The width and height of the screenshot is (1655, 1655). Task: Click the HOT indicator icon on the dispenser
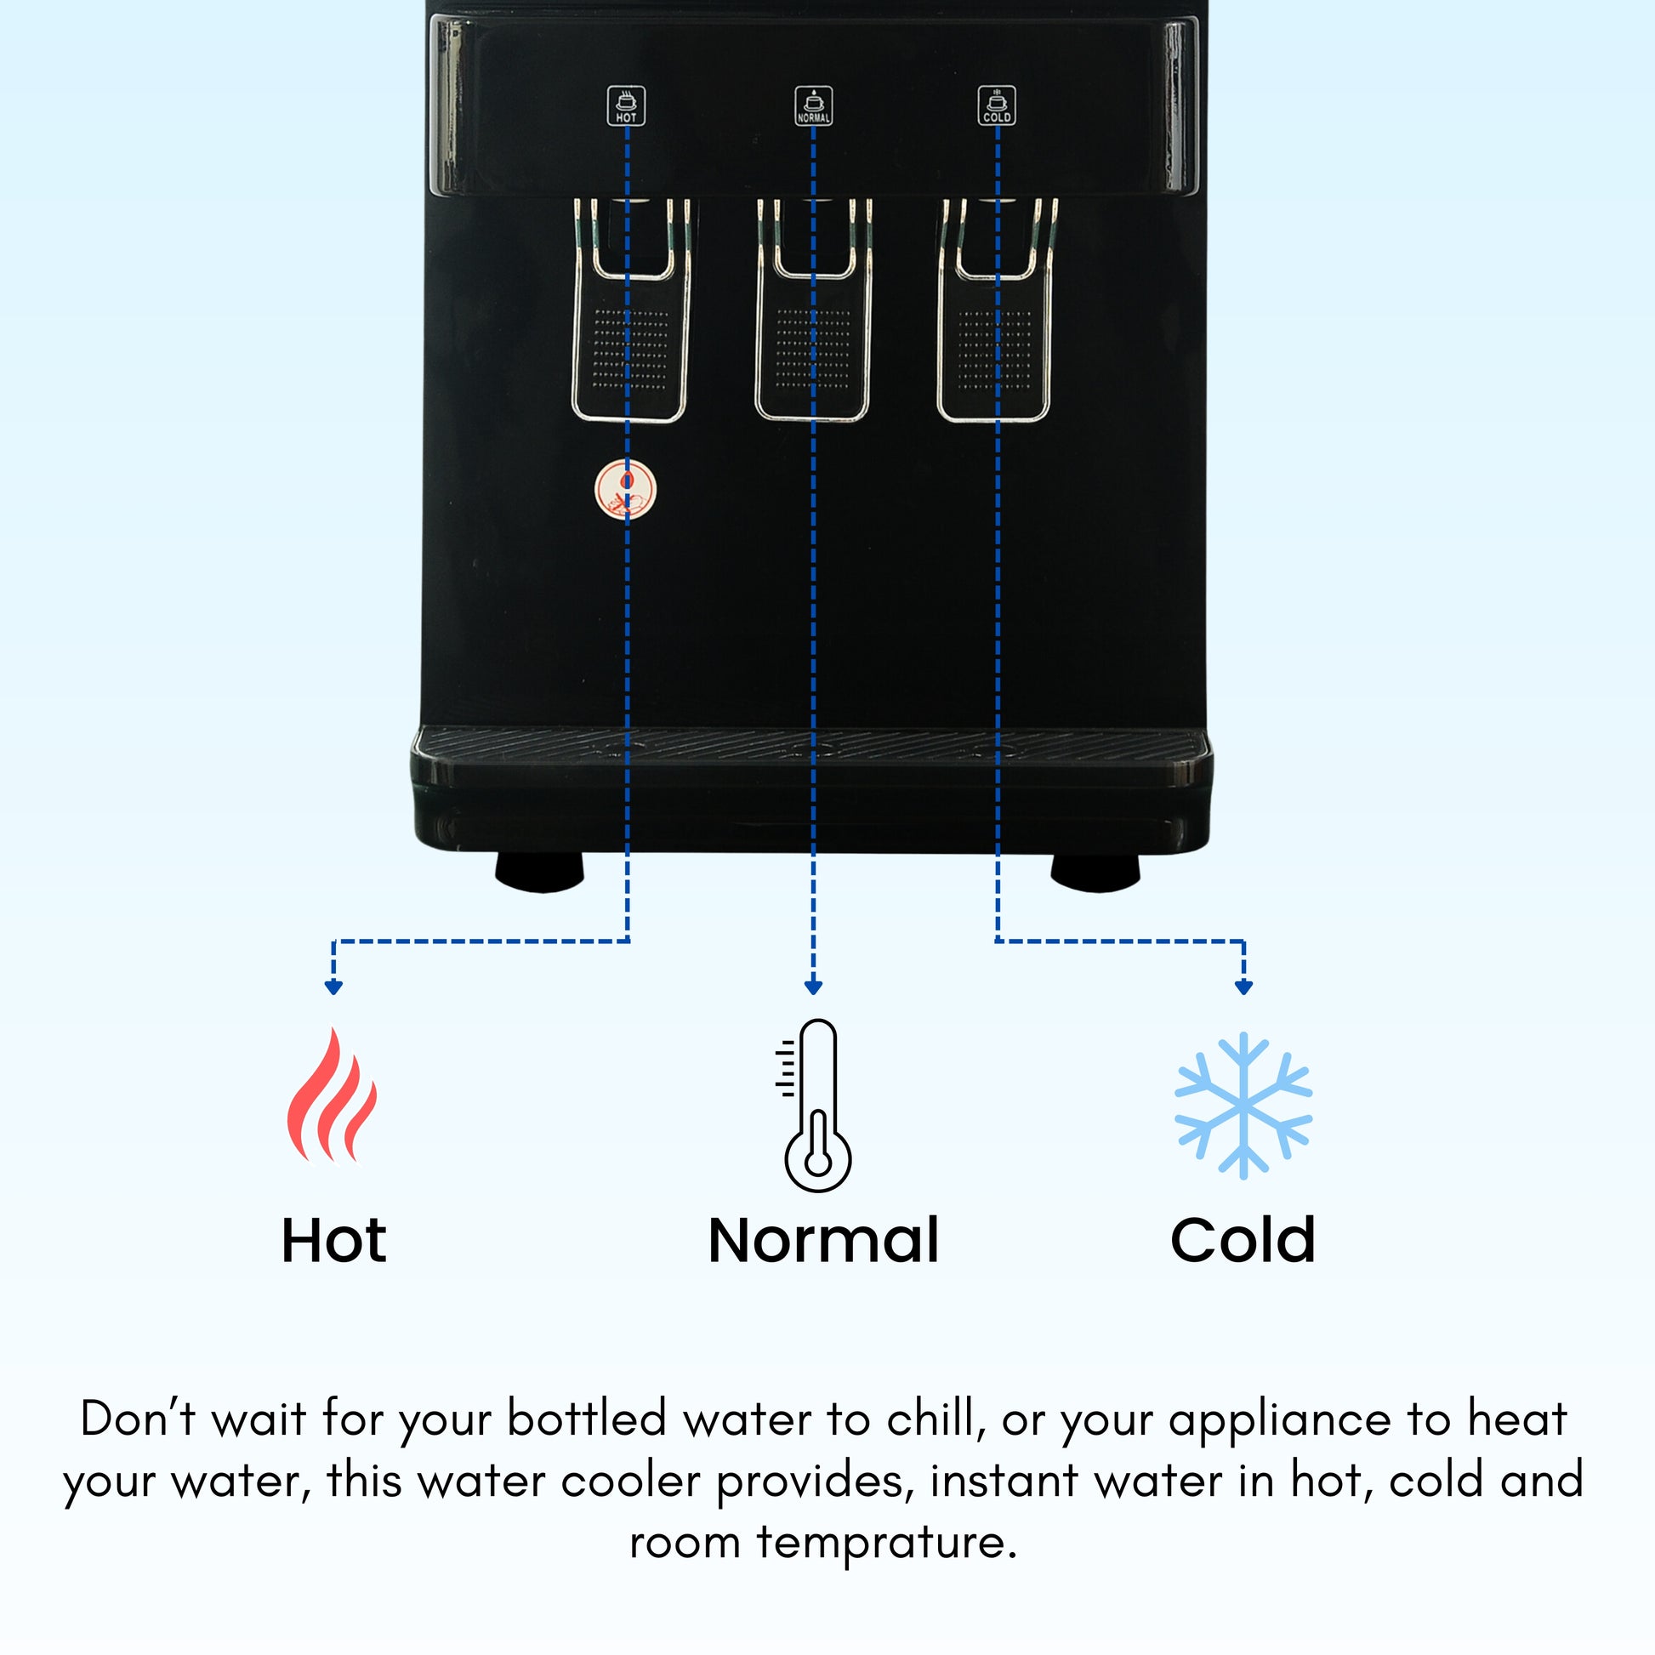click(x=626, y=105)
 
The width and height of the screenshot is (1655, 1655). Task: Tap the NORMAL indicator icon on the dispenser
click(x=813, y=105)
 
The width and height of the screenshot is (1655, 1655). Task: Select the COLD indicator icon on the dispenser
click(x=997, y=105)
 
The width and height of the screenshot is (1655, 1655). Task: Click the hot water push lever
click(x=630, y=343)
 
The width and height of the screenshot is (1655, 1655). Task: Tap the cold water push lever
click(x=995, y=343)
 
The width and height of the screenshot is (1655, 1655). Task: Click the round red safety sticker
click(x=625, y=490)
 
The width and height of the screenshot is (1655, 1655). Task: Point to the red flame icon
click(x=333, y=1095)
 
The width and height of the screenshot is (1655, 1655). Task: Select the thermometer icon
click(x=814, y=1105)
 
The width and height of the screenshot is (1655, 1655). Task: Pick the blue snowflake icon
click(x=1243, y=1105)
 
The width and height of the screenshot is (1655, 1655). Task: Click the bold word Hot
click(x=334, y=1240)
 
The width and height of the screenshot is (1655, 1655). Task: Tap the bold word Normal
click(x=823, y=1240)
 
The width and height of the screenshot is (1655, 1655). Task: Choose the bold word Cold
click(x=1243, y=1239)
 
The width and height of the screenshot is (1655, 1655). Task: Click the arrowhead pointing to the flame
click(x=334, y=987)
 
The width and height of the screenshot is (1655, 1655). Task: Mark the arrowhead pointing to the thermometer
click(x=814, y=987)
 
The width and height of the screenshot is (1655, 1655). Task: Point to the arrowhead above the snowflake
click(x=1244, y=987)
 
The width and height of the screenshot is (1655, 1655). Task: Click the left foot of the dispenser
click(x=540, y=872)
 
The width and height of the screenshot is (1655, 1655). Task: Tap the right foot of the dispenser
click(x=1095, y=872)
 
